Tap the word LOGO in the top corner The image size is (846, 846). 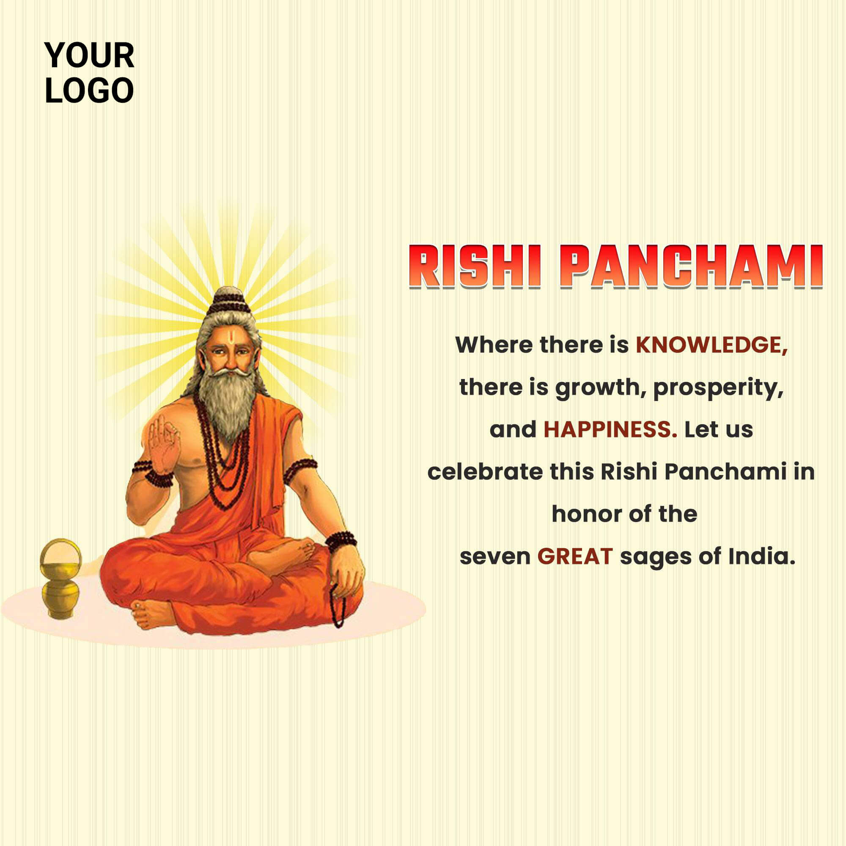(89, 91)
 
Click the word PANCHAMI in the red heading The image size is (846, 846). (692, 267)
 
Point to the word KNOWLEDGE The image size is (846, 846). (712, 345)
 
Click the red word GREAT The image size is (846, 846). (575, 557)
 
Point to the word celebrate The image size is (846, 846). (485, 472)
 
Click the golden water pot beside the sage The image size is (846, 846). (61, 578)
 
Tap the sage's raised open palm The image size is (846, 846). (163, 443)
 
